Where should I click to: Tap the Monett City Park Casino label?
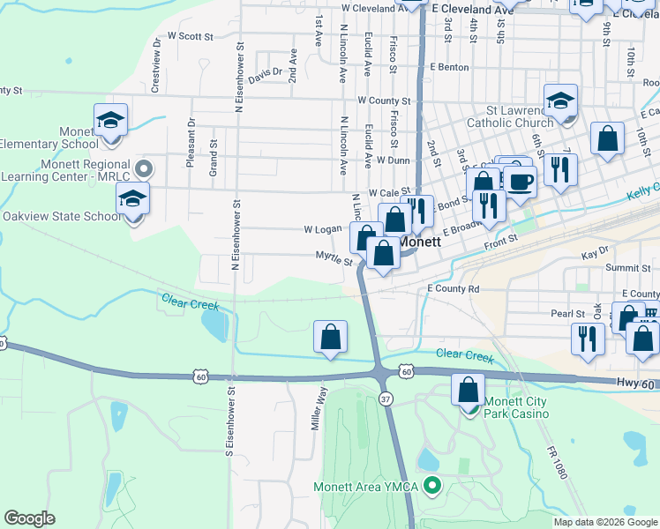[x=515, y=407]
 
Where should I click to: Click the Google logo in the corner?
[x=29, y=518]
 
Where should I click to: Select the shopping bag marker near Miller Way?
[x=330, y=337]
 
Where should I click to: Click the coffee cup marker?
[x=520, y=182]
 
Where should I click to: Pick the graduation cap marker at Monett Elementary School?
[x=111, y=121]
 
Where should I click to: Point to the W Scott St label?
[x=191, y=37]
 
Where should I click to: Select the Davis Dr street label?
[x=265, y=77]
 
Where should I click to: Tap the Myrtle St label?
[x=334, y=259]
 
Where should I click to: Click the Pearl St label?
[x=567, y=313]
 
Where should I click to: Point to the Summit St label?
[x=627, y=266]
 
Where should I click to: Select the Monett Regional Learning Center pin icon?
[x=146, y=167]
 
